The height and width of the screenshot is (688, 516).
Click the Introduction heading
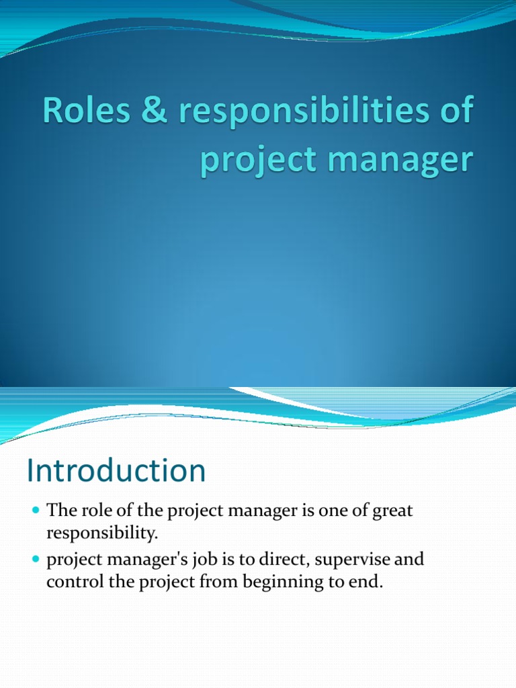(x=116, y=471)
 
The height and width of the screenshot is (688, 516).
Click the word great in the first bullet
(x=392, y=511)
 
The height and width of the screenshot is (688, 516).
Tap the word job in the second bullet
(x=193, y=560)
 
